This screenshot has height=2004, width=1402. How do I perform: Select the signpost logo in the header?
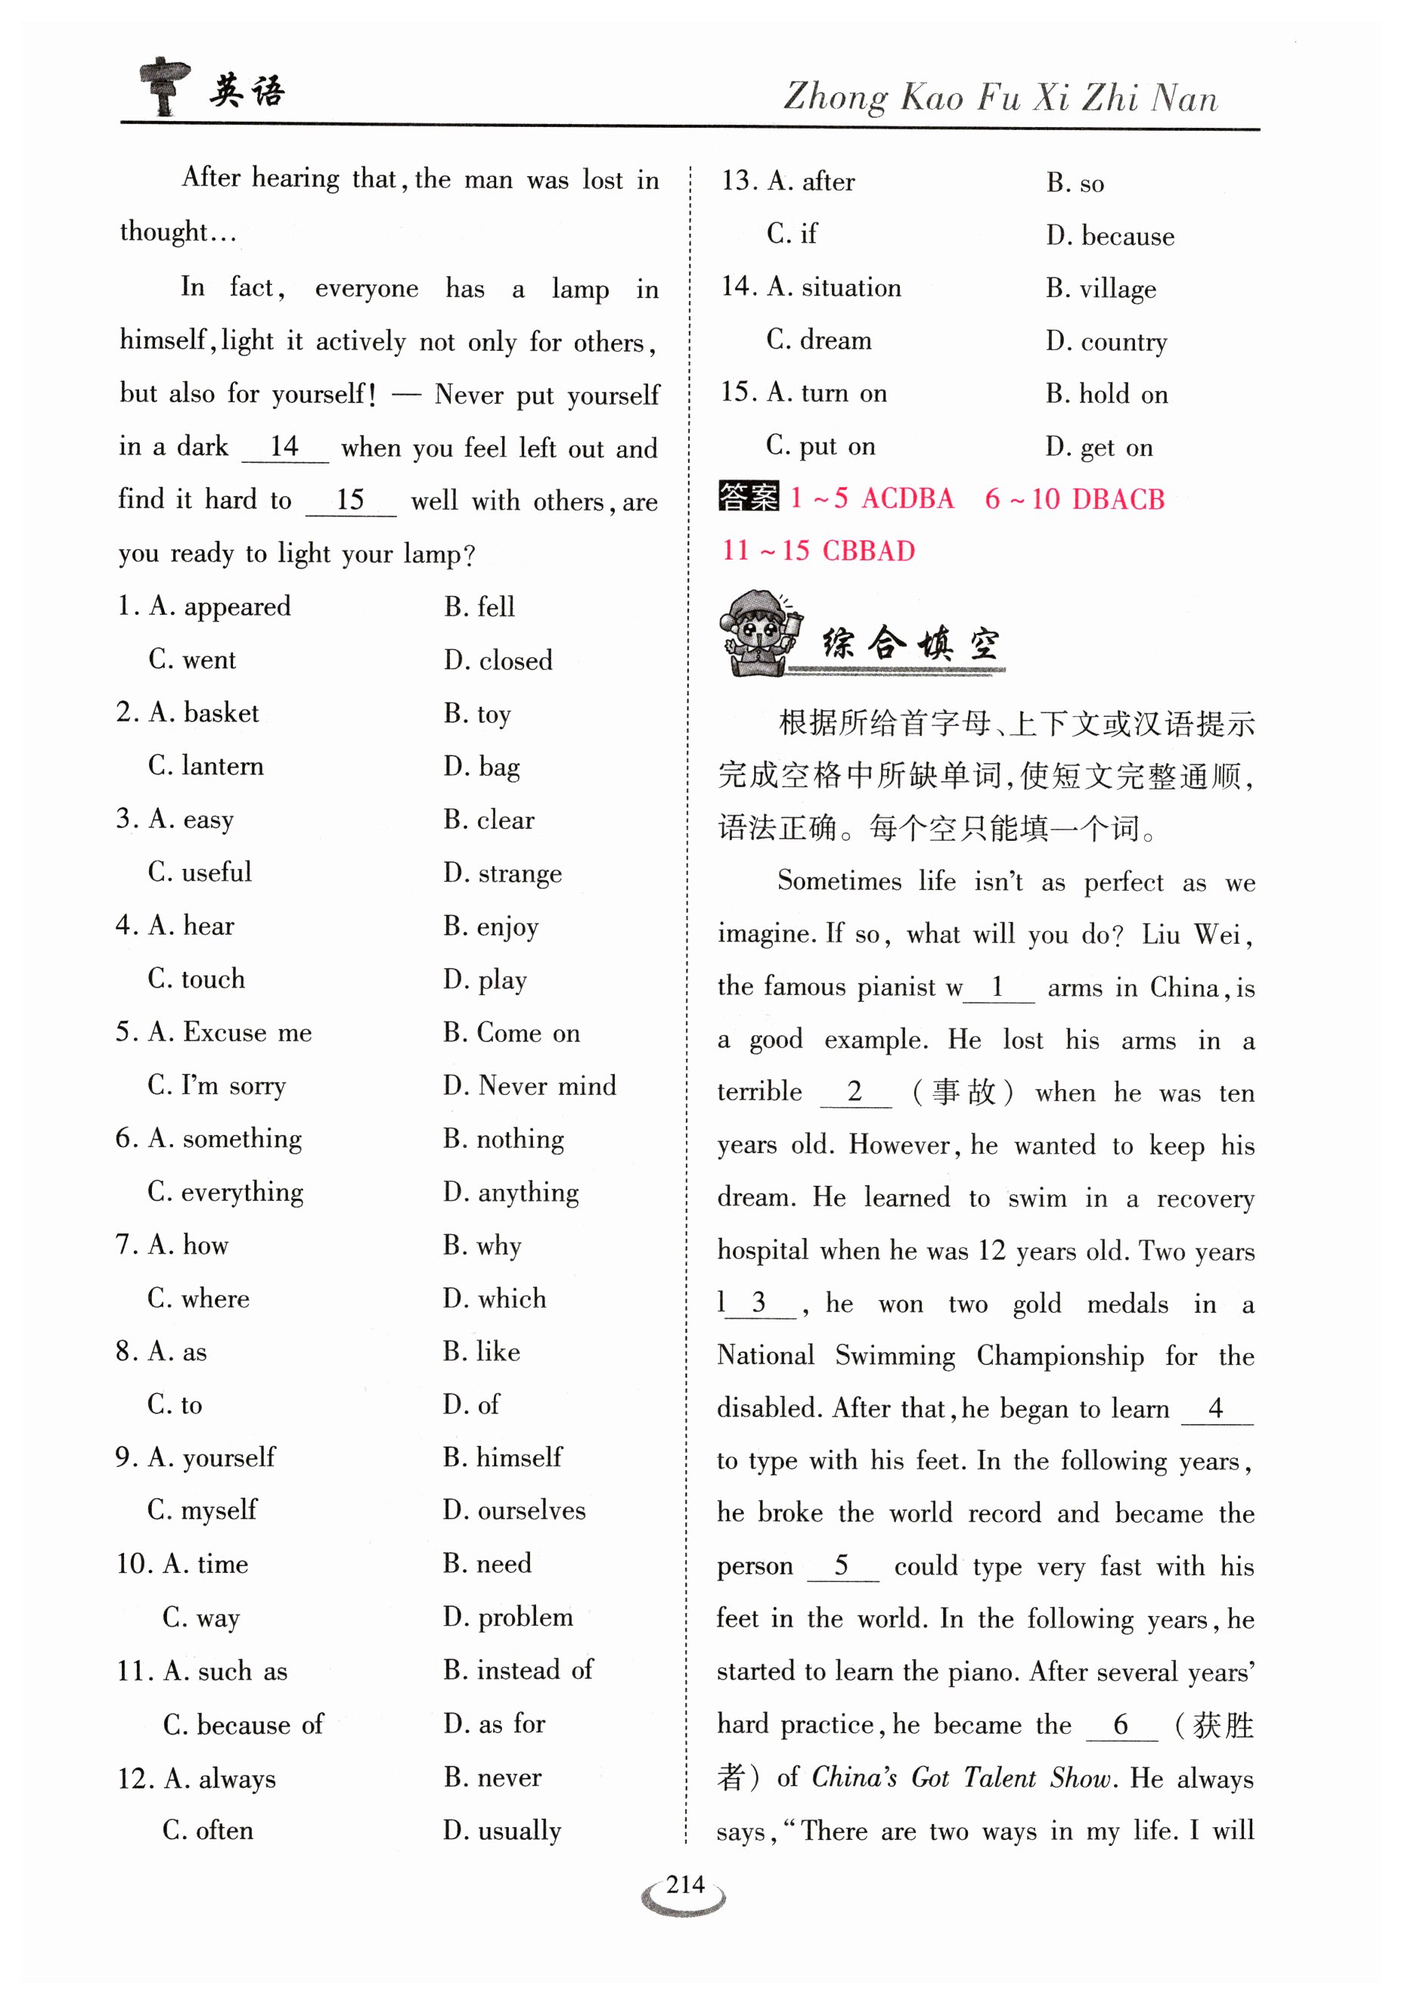point(164,85)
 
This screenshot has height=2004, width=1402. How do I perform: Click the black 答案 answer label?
point(748,498)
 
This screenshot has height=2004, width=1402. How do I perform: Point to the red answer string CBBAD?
point(869,551)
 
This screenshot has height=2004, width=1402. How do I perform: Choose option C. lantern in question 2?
point(206,765)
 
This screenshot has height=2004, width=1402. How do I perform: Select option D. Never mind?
point(529,1085)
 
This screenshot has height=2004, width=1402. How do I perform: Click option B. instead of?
point(518,1670)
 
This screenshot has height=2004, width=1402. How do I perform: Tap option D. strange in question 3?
point(502,873)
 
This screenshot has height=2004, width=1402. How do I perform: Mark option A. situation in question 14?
point(833,287)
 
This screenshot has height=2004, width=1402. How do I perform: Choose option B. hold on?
point(1106,394)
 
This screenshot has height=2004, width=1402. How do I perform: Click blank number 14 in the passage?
point(284,447)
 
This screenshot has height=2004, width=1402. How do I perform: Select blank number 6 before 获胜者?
point(1121,1724)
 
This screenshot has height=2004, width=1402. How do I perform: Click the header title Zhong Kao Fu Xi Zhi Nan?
point(1000,97)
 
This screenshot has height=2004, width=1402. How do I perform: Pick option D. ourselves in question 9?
point(514,1510)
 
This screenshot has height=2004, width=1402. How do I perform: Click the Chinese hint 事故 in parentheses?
point(963,1092)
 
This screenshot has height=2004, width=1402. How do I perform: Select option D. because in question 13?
point(1109,236)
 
